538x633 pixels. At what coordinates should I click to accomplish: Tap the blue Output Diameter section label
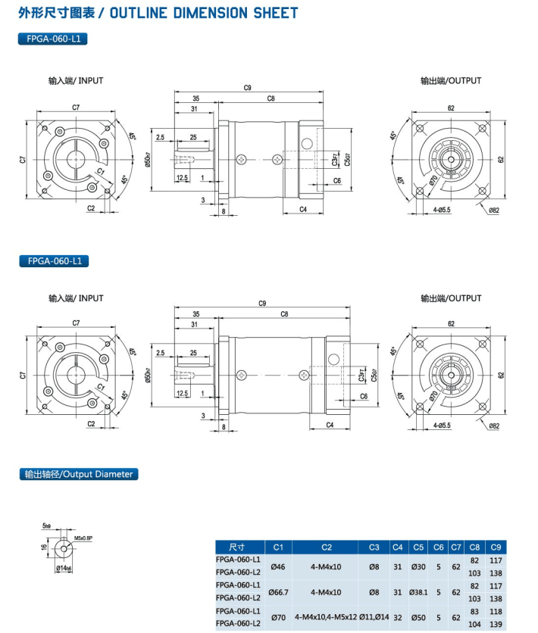pyautogui.click(x=78, y=474)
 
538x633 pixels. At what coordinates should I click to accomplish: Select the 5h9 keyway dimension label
pyautogui.click(x=47, y=525)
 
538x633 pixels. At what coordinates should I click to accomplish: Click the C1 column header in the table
pyautogui.click(x=277, y=547)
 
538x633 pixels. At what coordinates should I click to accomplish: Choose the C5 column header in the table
pyautogui.click(x=418, y=547)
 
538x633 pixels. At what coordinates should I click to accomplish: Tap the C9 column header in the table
pyautogui.click(x=496, y=547)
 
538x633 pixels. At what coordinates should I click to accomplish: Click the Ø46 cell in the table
pyautogui.click(x=277, y=566)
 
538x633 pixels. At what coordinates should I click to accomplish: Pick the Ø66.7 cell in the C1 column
pyautogui.click(x=277, y=591)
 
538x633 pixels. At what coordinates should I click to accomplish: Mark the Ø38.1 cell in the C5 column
pyautogui.click(x=418, y=591)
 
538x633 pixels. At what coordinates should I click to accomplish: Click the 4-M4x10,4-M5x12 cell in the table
pyautogui.click(x=326, y=617)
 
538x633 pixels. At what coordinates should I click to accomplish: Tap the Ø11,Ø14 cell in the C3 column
pyautogui.click(x=374, y=617)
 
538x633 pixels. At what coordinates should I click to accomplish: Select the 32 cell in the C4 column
pyautogui.click(x=398, y=617)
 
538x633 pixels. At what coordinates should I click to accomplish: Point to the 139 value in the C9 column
pyautogui.click(x=496, y=623)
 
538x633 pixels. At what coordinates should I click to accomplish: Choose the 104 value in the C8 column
pyautogui.click(x=474, y=623)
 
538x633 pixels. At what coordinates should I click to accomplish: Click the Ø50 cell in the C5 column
pyautogui.click(x=418, y=617)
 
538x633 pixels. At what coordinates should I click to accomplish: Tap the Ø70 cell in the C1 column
pyautogui.click(x=277, y=617)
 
